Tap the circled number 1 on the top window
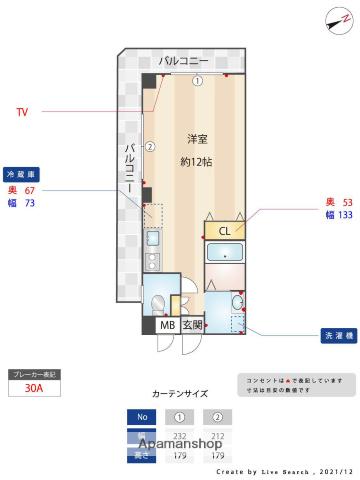point(198,81)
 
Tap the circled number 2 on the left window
point(150,146)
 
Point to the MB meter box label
point(166,325)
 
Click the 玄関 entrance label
point(192,325)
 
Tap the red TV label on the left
point(22,112)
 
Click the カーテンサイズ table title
point(180,394)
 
